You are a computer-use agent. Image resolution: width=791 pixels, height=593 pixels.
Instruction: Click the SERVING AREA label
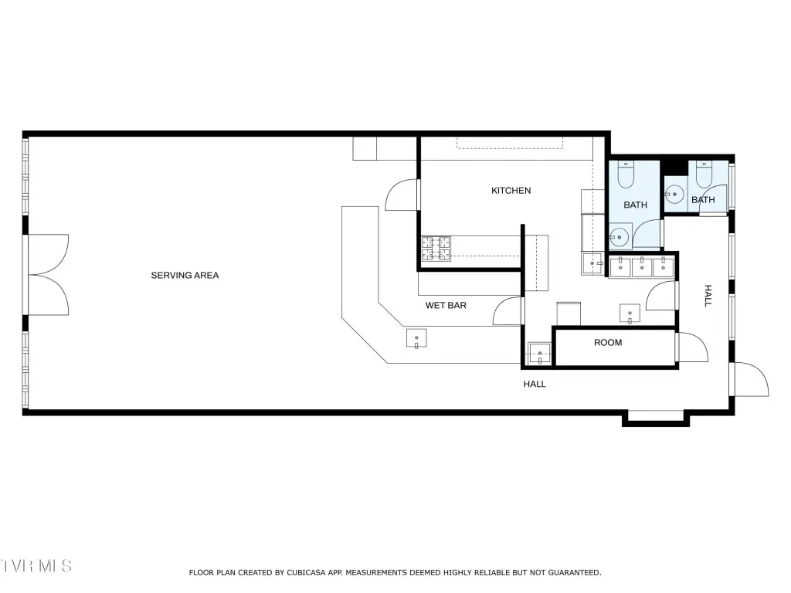coord(185,276)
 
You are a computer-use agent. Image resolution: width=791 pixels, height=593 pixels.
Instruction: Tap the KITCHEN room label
coord(511,191)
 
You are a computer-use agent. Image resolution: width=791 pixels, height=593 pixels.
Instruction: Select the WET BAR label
coord(446,305)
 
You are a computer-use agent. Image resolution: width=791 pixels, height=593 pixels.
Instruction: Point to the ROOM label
coord(608,342)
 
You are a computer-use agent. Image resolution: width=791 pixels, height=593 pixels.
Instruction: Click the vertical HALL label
coord(708,296)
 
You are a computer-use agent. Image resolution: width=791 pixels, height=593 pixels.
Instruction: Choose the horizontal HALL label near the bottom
coord(535,385)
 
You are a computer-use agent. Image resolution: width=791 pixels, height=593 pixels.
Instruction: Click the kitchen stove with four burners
coord(436,249)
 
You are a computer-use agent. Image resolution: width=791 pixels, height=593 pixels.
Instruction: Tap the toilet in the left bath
coord(626,175)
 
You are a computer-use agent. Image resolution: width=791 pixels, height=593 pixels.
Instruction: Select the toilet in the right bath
coord(703,175)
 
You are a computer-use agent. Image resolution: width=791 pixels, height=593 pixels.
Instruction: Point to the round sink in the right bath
coord(674,194)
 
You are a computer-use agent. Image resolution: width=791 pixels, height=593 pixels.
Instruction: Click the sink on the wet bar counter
coord(416,338)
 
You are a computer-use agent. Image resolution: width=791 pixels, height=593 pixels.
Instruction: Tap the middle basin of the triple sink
coord(642,268)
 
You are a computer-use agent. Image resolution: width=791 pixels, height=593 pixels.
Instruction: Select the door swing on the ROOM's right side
coord(692,347)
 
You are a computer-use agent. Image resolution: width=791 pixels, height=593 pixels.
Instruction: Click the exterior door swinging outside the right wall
coord(751,379)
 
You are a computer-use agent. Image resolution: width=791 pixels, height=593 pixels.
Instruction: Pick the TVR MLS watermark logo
coord(36,566)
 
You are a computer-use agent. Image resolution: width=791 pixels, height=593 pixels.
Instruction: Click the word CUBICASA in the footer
coord(307,573)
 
